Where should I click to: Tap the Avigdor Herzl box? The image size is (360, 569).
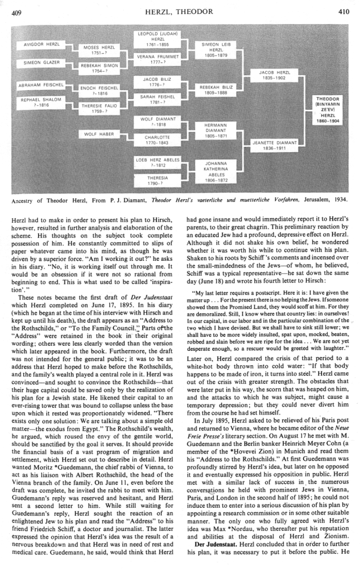coord(42,44)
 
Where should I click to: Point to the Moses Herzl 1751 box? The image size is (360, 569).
coord(100,50)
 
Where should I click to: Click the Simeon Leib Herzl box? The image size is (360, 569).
coord(216,50)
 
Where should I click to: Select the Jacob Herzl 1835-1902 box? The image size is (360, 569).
coord(275,75)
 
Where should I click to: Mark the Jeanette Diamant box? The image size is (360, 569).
coord(275,145)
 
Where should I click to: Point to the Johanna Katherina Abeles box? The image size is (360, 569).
coord(216,171)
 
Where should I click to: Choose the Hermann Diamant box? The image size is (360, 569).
coord(216,130)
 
